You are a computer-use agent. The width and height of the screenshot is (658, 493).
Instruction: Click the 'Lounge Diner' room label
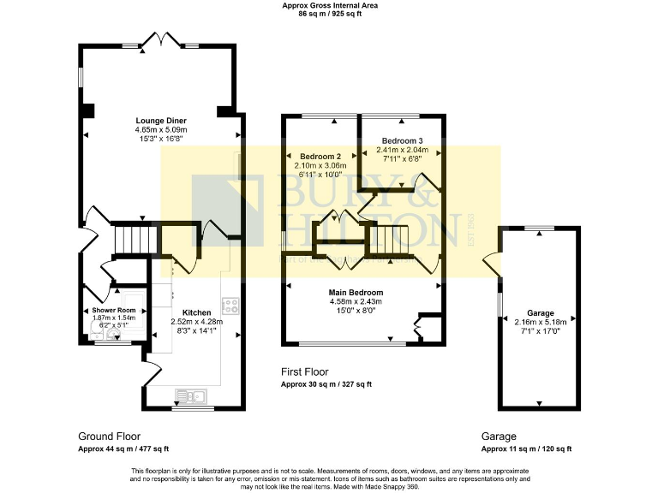click(x=161, y=120)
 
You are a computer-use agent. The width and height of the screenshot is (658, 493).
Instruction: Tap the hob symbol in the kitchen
click(x=230, y=306)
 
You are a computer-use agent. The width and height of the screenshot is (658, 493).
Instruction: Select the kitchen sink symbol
click(x=188, y=395)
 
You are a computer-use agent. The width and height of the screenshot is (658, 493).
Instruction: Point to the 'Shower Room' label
click(x=114, y=310)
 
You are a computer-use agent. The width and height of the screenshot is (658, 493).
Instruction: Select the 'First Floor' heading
click(x=305, y=372)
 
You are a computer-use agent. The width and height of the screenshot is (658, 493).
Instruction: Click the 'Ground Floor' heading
click(x=109, y=436)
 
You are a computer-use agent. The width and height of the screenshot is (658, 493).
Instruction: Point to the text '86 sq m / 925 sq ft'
click(x=330, y=15)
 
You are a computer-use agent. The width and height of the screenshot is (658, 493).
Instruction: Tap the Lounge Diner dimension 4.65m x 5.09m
click(x=161, y=129)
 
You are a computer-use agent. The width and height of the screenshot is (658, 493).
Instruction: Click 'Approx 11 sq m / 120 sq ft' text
click(x=526, y=448)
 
